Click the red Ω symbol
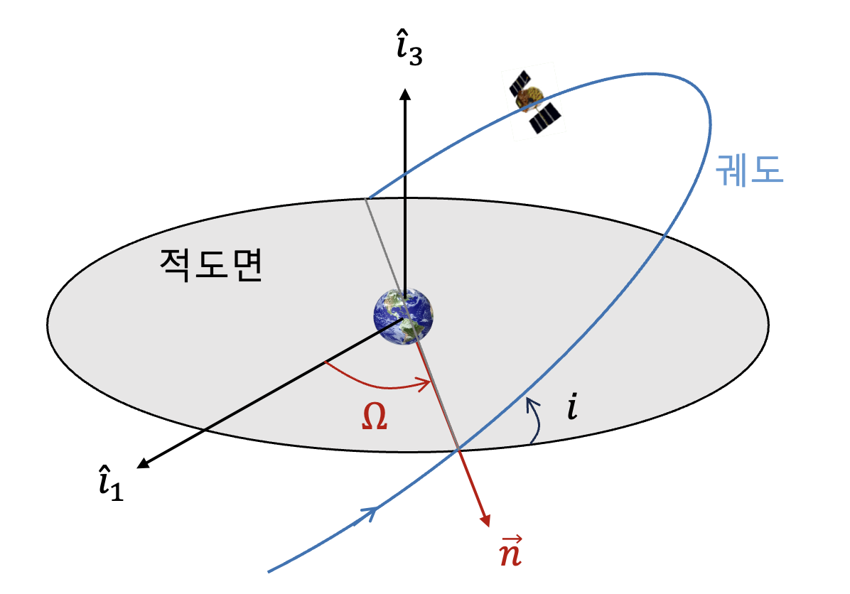[x=372, y=418]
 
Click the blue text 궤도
[x=750, y=171]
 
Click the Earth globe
[x=404, y=317]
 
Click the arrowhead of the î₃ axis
[x=405, y=94]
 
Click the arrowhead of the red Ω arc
[x=426, y=385]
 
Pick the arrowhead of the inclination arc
[x=529, y=404]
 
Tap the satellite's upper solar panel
[x=520, y=82]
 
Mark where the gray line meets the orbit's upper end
[x=366, y=199]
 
